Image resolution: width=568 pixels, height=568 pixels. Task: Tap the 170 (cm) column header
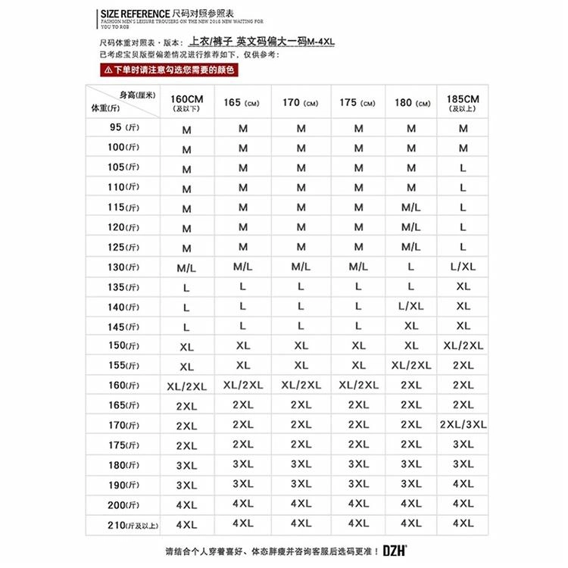[x=301, y=103]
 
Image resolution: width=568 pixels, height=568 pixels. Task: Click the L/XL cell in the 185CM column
[x=463, y=267]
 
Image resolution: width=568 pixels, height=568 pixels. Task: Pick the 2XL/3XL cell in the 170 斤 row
[x=463, y=425]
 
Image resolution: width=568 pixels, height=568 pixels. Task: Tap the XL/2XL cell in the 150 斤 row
[x=463, y=346]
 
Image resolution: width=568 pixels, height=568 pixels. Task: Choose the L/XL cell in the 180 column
[x=411, y=307]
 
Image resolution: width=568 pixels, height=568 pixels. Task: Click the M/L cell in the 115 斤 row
[x=411, y=208]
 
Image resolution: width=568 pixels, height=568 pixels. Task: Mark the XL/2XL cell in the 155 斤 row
[x=411, y=366]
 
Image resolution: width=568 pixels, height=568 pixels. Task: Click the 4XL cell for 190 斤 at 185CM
[x=463, y=484]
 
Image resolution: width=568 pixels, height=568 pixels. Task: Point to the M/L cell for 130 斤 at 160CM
[x=186, y=268]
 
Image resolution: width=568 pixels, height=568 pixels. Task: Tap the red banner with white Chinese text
[x=169, y=70]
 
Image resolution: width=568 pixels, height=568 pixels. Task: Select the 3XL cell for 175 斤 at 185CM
[x=463, y=445]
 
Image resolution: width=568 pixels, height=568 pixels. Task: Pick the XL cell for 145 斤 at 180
[x=411, y=326]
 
